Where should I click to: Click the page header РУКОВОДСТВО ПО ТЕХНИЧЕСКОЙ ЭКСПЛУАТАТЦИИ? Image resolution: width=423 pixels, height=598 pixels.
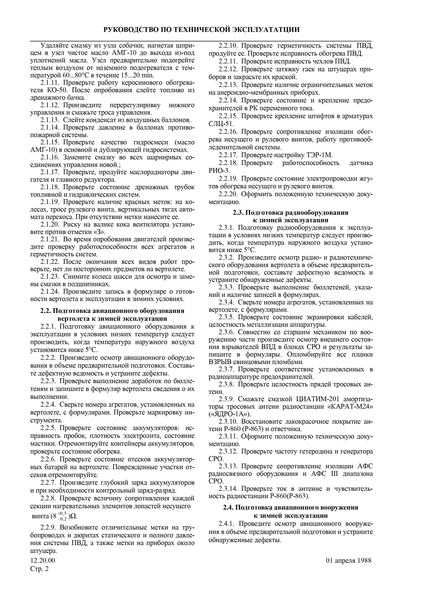pyautogui.click(x=201, y=29)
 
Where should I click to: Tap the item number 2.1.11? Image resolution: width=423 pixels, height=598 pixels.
pyautogui.click(x=50, y=83)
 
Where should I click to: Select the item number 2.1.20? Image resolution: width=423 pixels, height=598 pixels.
pyautogui.click(x=50, y=224)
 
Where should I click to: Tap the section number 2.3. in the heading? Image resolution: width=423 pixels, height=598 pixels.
pyautogui.click(x=238, y=213)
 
